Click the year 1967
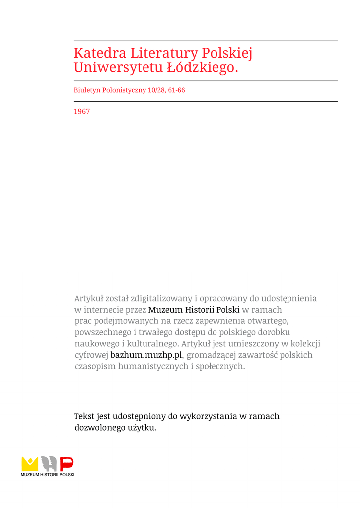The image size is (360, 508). click(82, 112)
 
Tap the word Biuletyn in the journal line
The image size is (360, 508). click(86, 90)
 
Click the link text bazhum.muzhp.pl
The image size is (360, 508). click(146, 355)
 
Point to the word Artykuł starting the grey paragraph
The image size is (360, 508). click(90, 298)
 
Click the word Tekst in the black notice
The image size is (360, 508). click(84, 416)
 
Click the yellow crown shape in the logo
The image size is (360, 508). click(30, 464)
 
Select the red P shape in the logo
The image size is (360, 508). click(67, 464)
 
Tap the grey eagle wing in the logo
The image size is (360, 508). click(49, 464)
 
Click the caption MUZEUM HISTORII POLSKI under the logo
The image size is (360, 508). click(48, 475)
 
